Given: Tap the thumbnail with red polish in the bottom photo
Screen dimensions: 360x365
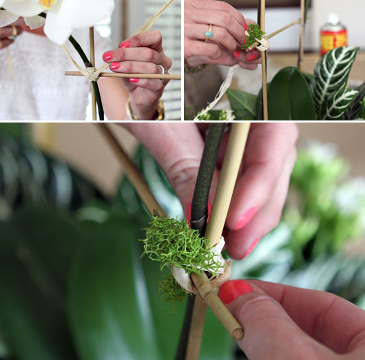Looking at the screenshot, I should pos(234,290).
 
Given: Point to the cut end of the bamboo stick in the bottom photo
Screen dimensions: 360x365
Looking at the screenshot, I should pos(237,334).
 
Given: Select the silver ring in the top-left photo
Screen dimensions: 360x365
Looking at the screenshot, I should pos(160,69).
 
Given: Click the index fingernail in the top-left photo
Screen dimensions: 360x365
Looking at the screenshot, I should pos(125,44).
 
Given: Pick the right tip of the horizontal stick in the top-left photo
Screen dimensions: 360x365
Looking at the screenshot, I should pos(178,76).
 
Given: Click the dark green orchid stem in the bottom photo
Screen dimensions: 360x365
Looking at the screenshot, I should pos(207,172).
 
